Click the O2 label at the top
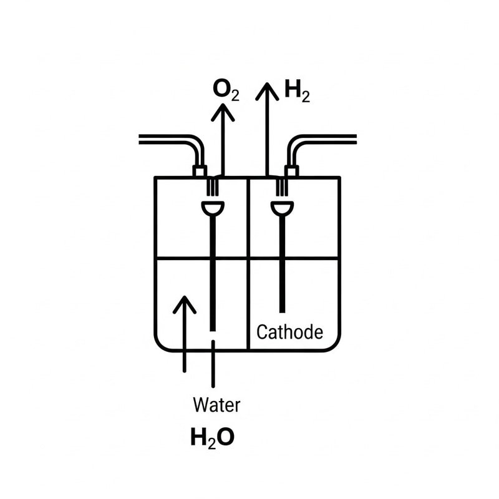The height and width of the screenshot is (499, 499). point(225,90)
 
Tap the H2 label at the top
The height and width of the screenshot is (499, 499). point(297,92)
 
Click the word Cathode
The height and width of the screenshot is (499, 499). point(290,331)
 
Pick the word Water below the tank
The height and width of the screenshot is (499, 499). point(216,405)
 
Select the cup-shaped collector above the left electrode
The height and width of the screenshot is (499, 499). point(213,208)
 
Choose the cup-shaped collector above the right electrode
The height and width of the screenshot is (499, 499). point(282,208)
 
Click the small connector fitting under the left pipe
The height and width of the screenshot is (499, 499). point(200,171)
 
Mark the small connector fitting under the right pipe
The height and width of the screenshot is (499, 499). point(291,171)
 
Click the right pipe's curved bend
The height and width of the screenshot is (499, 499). point(298,146)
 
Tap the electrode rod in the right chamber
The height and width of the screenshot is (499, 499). point(282,262)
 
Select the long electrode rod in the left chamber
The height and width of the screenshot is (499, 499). point(213,274)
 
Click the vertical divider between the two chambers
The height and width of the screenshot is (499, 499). point(249,262)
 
